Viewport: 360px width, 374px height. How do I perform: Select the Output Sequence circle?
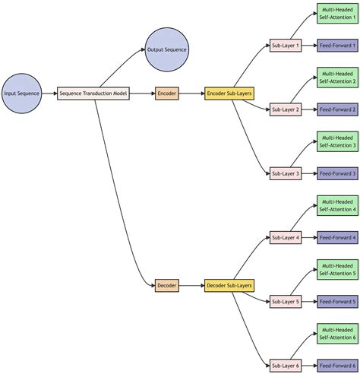167,49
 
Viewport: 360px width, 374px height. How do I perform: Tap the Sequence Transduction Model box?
93,93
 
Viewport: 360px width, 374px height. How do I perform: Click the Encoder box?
167,93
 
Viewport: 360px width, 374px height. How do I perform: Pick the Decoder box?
167,286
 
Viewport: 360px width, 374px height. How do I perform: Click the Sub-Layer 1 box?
286,46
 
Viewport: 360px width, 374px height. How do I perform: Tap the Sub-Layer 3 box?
286,174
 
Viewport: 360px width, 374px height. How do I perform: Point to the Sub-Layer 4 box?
286,238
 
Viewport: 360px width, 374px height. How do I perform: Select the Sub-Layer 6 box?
286,366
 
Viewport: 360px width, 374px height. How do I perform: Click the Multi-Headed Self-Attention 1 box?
337,14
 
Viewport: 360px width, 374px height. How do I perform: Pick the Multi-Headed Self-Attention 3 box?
337,141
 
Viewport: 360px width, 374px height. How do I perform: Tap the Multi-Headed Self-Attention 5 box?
337,270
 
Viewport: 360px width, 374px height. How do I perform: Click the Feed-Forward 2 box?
337,109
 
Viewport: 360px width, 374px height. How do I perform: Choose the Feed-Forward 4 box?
337,238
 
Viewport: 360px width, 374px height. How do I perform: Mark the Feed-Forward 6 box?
337,366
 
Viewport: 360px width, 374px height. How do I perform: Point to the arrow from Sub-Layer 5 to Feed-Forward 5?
309,302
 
